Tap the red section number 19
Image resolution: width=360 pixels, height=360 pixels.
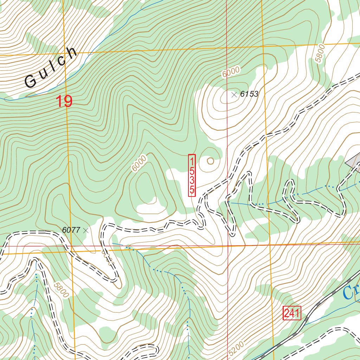pyautogui.click(x=64, y=102)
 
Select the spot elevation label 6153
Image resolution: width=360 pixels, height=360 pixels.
pyautogui.click(x=249, y=94)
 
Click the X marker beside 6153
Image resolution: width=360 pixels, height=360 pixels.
pyautogui.click(x=234, y=94)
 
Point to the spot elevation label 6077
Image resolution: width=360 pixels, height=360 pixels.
pyautogui.click(x=71, y=230)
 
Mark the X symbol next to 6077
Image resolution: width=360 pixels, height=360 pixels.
pyautogui.click(x=85, y=230)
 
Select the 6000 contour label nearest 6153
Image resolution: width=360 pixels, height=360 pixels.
pyautogui.click(x=231, y=72)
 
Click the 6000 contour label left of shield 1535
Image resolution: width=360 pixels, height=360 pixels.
pyautogui.click(x=139, y=163)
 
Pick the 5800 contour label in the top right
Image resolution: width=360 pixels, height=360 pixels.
pyautogui.click(x=319, y=53)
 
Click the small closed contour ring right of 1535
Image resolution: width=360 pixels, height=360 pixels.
pyautogui.click(x=210, y=161)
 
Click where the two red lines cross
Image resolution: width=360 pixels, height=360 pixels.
pyautogui.click(x=227, y=245)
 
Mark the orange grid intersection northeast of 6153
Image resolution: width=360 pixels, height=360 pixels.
pyautogui.click(x=263, y=46)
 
